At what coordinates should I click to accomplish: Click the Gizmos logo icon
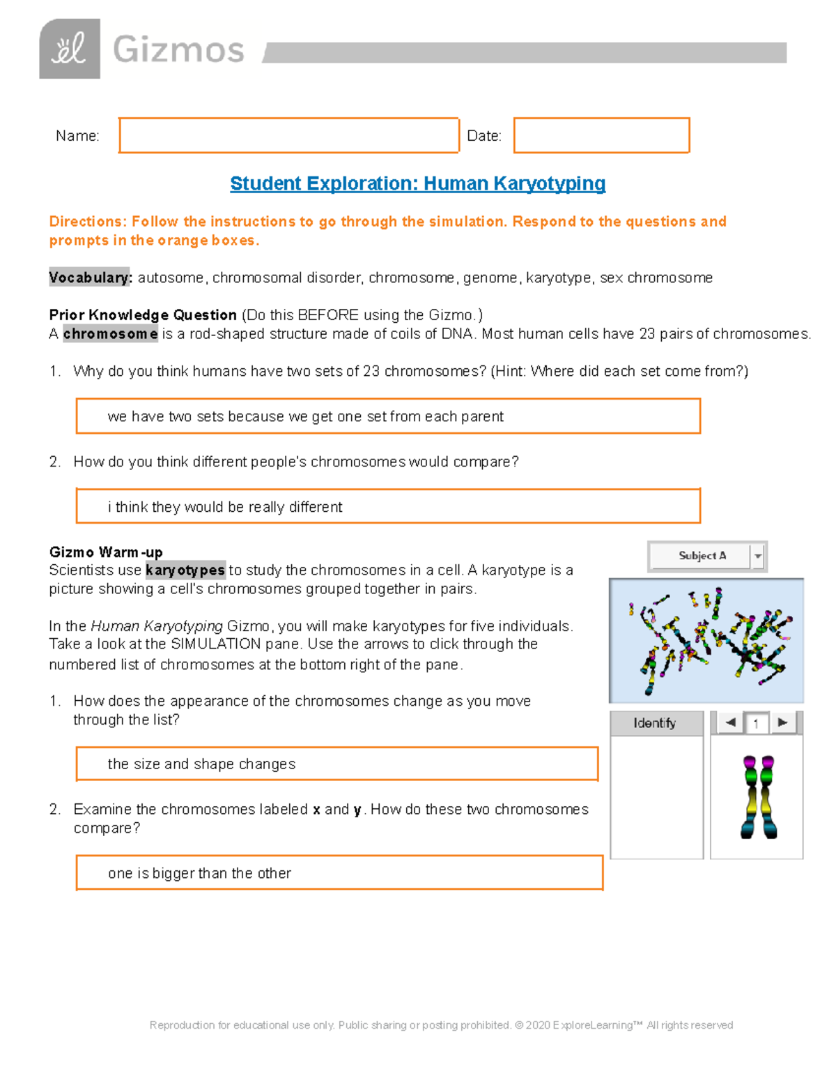pyautogui.click(x=70, y=49)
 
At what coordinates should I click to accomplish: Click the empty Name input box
pyautogui.click(x=288, y=135)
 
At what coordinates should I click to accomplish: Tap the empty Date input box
pyautogui.click(x=601, y=135)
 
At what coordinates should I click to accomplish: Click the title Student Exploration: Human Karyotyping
pyautogui.click(x=417, y=183)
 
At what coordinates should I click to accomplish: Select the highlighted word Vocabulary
pyautogui.click(x=90, y=278)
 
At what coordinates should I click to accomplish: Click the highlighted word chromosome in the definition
pyautogui.click(x=110, y=334)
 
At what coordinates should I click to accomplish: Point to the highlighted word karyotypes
pyautogui.click(x=185, y=570)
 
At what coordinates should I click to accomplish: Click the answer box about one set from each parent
pyautogui.click(x=387, y=416)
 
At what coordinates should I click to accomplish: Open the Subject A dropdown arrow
pyautogui.click(x=758, y=556)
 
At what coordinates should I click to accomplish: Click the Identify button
pyautogui.click(x=656, y=723)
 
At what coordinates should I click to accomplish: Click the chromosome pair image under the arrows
pyautogui.click(x=758, y=797)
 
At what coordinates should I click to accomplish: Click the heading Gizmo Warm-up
pyautogui.click(x=106, y=552)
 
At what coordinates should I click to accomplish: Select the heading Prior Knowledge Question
pyautogui.click(x=143, y=315)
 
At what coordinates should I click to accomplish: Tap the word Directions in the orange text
pyautogui.click(x=87, y=222)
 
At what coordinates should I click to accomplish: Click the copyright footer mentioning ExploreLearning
pyautogui.click(x=441, y=1025)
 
